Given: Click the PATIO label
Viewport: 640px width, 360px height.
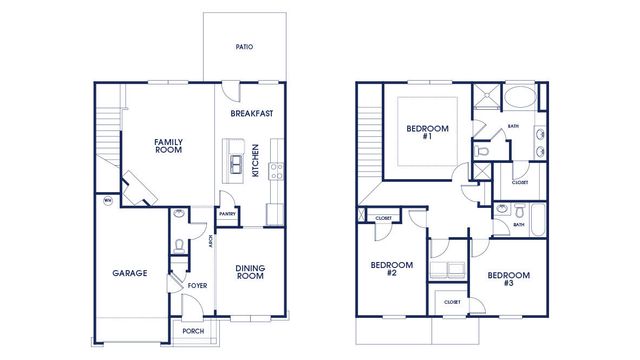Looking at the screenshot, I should click(x=243, y=46).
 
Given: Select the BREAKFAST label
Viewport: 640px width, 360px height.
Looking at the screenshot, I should click(x=252, y=114).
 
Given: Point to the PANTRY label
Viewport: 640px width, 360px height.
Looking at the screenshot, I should click(x=228, y=213).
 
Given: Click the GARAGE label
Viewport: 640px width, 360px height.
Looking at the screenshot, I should click(x=129, y=273).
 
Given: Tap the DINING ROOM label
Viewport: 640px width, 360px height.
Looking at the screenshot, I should click(x=250, y=271).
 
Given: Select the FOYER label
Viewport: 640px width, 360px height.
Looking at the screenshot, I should click(x=197, y=285).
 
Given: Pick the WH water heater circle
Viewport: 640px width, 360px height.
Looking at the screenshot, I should click(x=107, y=201).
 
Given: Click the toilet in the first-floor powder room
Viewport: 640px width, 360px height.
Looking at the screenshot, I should click(x=178, y=245).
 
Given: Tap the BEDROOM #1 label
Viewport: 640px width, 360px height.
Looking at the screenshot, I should click(x=427, y=132).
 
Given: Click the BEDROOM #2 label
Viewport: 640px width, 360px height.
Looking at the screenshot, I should click(x=385, y=269).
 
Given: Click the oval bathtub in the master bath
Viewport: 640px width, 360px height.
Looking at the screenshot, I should click(x=518, y=99).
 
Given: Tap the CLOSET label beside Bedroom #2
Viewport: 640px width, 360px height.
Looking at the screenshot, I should click(x=383, y=218).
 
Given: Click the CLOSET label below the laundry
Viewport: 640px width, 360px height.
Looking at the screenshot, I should click(x=447, y=301).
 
